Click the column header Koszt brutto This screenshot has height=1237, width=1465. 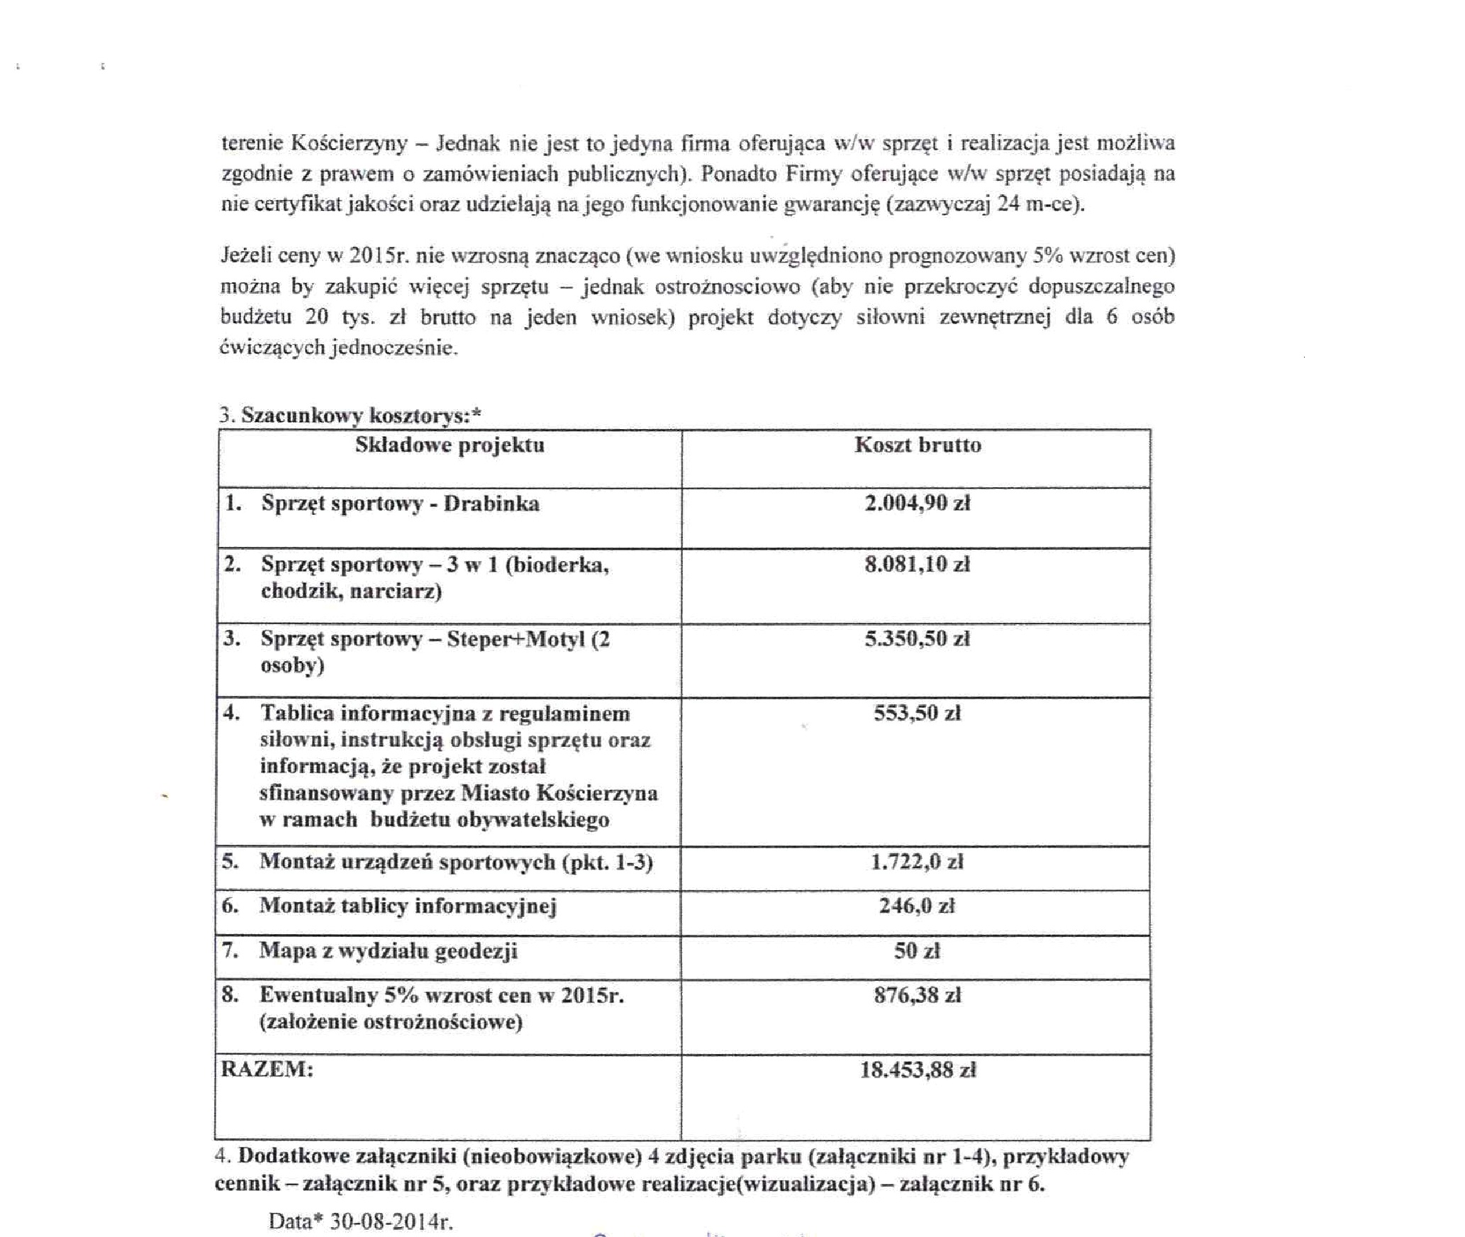[x=918, y=445]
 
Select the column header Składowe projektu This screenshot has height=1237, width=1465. [x=450, y=445]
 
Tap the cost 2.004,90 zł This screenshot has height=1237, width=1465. [x=917, y=503]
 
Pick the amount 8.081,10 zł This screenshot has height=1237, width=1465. [x=917, y=564]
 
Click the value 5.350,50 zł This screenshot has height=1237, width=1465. [x=917, y=638]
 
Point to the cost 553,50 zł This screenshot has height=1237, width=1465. [x=917, y=713]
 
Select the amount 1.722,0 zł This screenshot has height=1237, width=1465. [x=917, y=862]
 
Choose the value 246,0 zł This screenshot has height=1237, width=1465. [x=917, y=906]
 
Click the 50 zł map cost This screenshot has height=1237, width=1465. [x=917, y=950]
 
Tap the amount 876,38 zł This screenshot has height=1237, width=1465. [x=917, y=995]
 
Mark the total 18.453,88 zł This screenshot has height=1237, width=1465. [x=918, y=1070]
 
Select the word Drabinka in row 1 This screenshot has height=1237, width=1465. [x=491, y=504]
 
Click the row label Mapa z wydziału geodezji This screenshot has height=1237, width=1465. [x=388, y=950]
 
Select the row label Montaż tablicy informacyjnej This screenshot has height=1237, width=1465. [x=408, y=906]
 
